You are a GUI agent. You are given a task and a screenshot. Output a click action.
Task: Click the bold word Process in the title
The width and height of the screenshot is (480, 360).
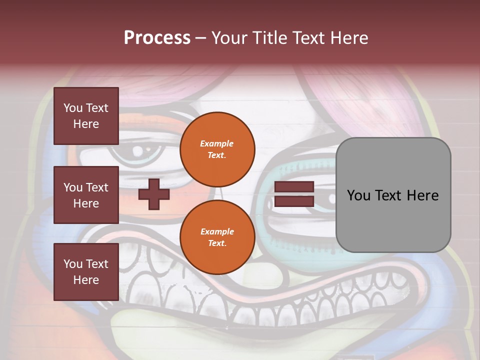click(x=157, y=38)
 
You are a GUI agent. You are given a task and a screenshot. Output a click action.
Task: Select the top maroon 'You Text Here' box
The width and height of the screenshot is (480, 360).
click(x=86, y=116)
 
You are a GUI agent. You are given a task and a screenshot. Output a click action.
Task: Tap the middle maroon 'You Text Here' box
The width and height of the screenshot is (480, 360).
click(x=86, y=195)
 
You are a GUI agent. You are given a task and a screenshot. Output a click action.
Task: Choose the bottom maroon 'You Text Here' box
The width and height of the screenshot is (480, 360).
click(x=86, y=271)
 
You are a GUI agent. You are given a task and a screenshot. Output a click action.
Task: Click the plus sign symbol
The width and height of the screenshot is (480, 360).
click(x=154, y=194)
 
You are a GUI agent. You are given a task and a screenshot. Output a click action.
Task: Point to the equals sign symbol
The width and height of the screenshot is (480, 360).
click(x=294, y=194)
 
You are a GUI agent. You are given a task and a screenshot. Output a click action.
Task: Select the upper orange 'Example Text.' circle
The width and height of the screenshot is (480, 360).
click(x=217, y=149)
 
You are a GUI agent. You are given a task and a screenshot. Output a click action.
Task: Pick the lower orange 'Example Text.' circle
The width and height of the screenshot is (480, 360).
click(x=217, y=237)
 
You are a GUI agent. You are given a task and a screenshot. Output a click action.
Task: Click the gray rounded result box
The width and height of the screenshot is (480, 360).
click(x=393, y=195)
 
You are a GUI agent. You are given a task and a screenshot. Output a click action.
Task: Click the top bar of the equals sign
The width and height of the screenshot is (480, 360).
click(x=294, y=187)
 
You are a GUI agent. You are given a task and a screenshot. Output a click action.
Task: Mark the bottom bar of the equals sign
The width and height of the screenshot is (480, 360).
click(x=294, y=201)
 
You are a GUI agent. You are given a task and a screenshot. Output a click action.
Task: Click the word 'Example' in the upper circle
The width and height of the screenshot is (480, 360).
click(x=217, y=143)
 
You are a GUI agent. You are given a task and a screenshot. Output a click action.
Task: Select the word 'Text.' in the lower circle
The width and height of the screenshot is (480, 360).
click(x=217, y=243)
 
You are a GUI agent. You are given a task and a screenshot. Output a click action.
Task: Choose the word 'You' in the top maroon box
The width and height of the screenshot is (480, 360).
click(x=73, y=108)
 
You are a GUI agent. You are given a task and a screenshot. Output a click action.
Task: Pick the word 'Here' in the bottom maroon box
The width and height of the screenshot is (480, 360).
click(x=86, y=280)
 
